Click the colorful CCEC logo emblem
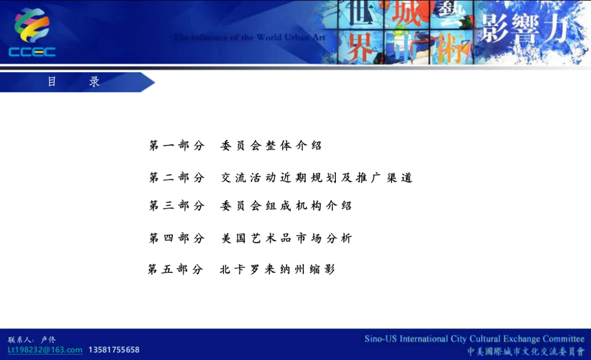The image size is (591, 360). (32, 26)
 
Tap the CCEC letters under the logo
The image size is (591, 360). (32, 52)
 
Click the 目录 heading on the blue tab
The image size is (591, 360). (73, 82)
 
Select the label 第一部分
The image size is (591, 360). (177, 146)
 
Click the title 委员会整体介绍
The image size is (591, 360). (271, 146)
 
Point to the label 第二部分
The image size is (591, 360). (177, 178)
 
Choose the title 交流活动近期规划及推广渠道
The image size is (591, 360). (316, 178)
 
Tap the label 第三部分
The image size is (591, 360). (177, 206)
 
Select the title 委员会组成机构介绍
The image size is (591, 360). (286, 206)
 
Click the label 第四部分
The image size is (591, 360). (177, 238)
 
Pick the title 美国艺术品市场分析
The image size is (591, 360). (286, 238)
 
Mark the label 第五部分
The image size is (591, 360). (175, 269)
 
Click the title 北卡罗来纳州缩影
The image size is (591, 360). (277, 269)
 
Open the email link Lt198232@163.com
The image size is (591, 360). (45, 350)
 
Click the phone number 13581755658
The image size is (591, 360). (114, 350)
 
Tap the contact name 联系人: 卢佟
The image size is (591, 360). (32, 340)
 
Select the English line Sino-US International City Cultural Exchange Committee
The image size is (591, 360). (474, 339)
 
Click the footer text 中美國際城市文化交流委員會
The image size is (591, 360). (525, 351)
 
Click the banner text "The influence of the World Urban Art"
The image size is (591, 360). (249, 37)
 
